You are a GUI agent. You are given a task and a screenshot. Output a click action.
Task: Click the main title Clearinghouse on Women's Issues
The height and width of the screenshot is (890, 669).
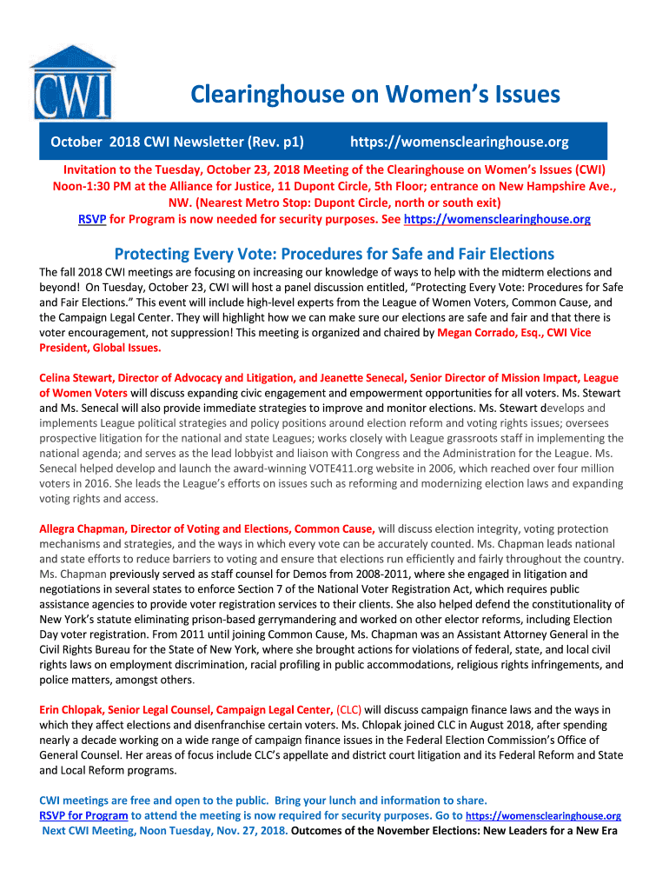click(375, 95)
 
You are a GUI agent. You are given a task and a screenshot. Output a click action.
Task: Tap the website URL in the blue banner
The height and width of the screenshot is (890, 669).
click(460, 142)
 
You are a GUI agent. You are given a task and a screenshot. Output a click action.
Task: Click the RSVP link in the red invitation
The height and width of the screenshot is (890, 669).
click(92, 220)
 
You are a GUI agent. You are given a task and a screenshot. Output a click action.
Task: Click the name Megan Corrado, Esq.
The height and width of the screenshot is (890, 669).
click(485, 332)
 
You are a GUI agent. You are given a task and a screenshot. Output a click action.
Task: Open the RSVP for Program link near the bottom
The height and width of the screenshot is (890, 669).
click(83, 815)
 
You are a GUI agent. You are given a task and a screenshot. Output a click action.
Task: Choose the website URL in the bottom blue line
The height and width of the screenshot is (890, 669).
click(544, 816)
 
